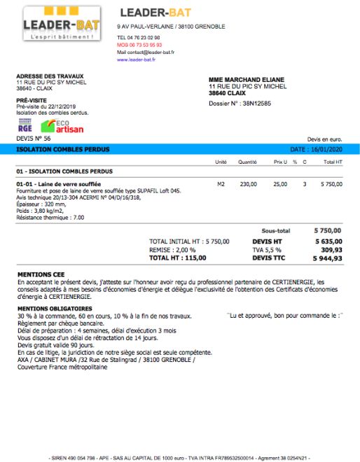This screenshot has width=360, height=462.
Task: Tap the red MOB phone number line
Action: [139, 44]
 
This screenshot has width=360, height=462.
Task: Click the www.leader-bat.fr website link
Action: [137, 59]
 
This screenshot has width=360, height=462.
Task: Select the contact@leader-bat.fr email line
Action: [146, 52]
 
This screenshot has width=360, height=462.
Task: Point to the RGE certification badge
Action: [25, 126]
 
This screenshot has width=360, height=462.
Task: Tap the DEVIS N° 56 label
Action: [33, 139]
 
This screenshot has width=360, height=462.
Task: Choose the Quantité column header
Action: [247, 162]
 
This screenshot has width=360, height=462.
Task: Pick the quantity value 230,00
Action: [248, 184]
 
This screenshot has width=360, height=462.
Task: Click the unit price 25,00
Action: [280, 184]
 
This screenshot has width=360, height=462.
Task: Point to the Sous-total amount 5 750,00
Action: [328, 230]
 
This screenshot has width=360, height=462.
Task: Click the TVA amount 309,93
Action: [331, 249]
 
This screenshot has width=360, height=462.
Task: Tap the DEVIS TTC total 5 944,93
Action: [328, 258]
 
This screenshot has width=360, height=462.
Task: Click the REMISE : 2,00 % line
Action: [172, 249]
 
